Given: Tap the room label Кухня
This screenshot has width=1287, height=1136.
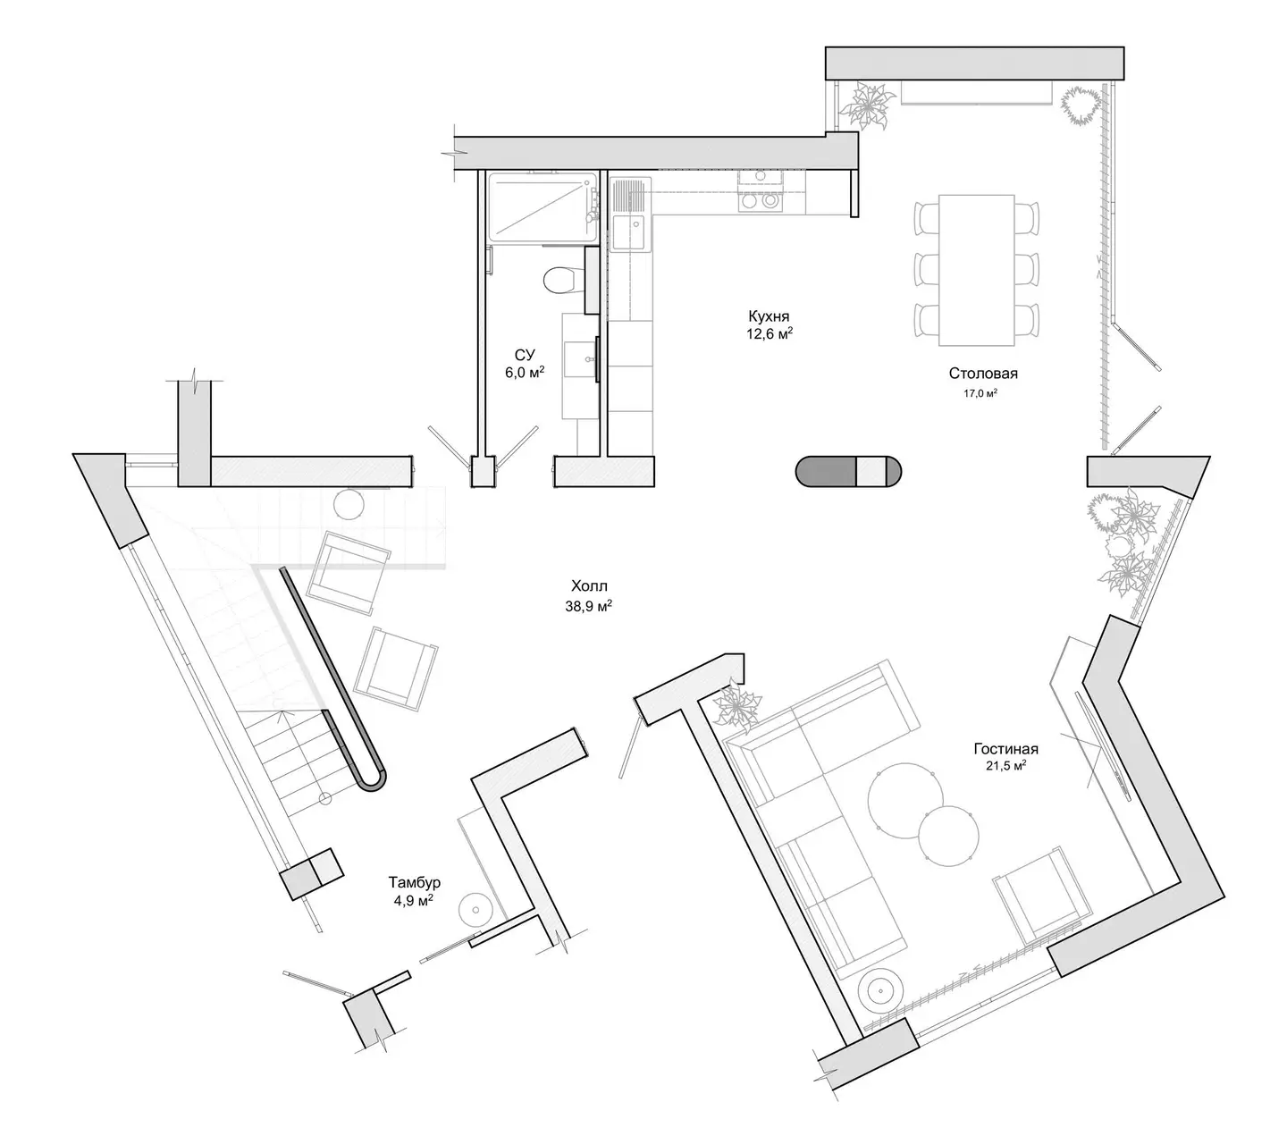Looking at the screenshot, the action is [x=768, y=316].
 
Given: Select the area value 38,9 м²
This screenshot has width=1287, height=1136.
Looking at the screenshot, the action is [x=588, y=606].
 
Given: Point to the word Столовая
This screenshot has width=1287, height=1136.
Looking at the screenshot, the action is [x=983, y=374].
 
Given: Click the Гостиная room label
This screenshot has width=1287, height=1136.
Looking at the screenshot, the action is [x=1005, y=749].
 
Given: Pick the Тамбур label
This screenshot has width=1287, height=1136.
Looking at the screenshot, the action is [x=414, y=882].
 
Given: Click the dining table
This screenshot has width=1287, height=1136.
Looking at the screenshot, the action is [x=976, y=270].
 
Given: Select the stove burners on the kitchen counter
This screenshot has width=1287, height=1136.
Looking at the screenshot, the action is [x=760, y=201].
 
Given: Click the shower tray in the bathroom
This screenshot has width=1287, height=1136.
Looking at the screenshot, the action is [x=543, y=207].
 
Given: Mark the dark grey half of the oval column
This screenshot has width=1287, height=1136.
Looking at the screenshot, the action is [x=826, y=471].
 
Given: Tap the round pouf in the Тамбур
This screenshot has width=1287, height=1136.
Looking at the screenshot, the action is [x=475, y=911].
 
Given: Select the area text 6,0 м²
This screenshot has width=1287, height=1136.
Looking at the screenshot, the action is [x=524, y=373].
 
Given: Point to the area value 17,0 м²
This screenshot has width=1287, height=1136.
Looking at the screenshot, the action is [x=980, y=393].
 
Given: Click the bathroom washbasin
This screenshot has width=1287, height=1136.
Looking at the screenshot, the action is [x=581, y=359].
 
